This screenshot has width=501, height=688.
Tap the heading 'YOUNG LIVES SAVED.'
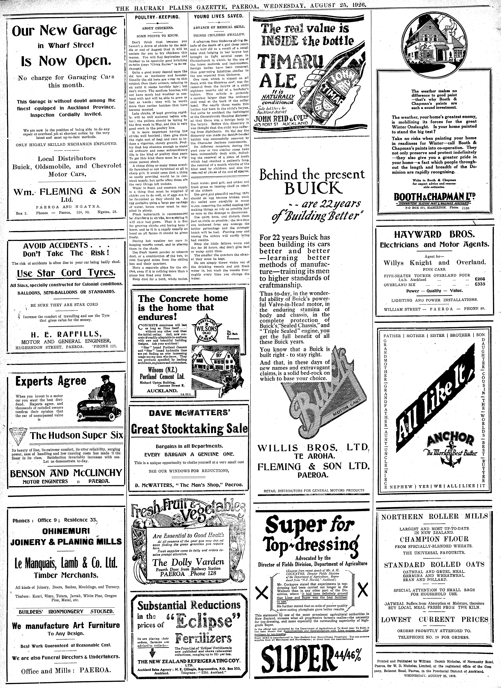point(219,16)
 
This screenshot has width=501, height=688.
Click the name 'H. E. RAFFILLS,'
point(65,334)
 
